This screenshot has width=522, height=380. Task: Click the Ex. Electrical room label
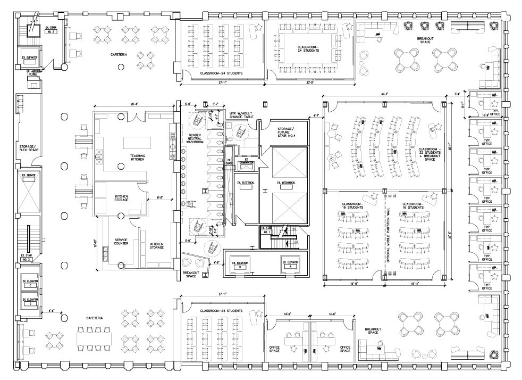click(x=247, y=183)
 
